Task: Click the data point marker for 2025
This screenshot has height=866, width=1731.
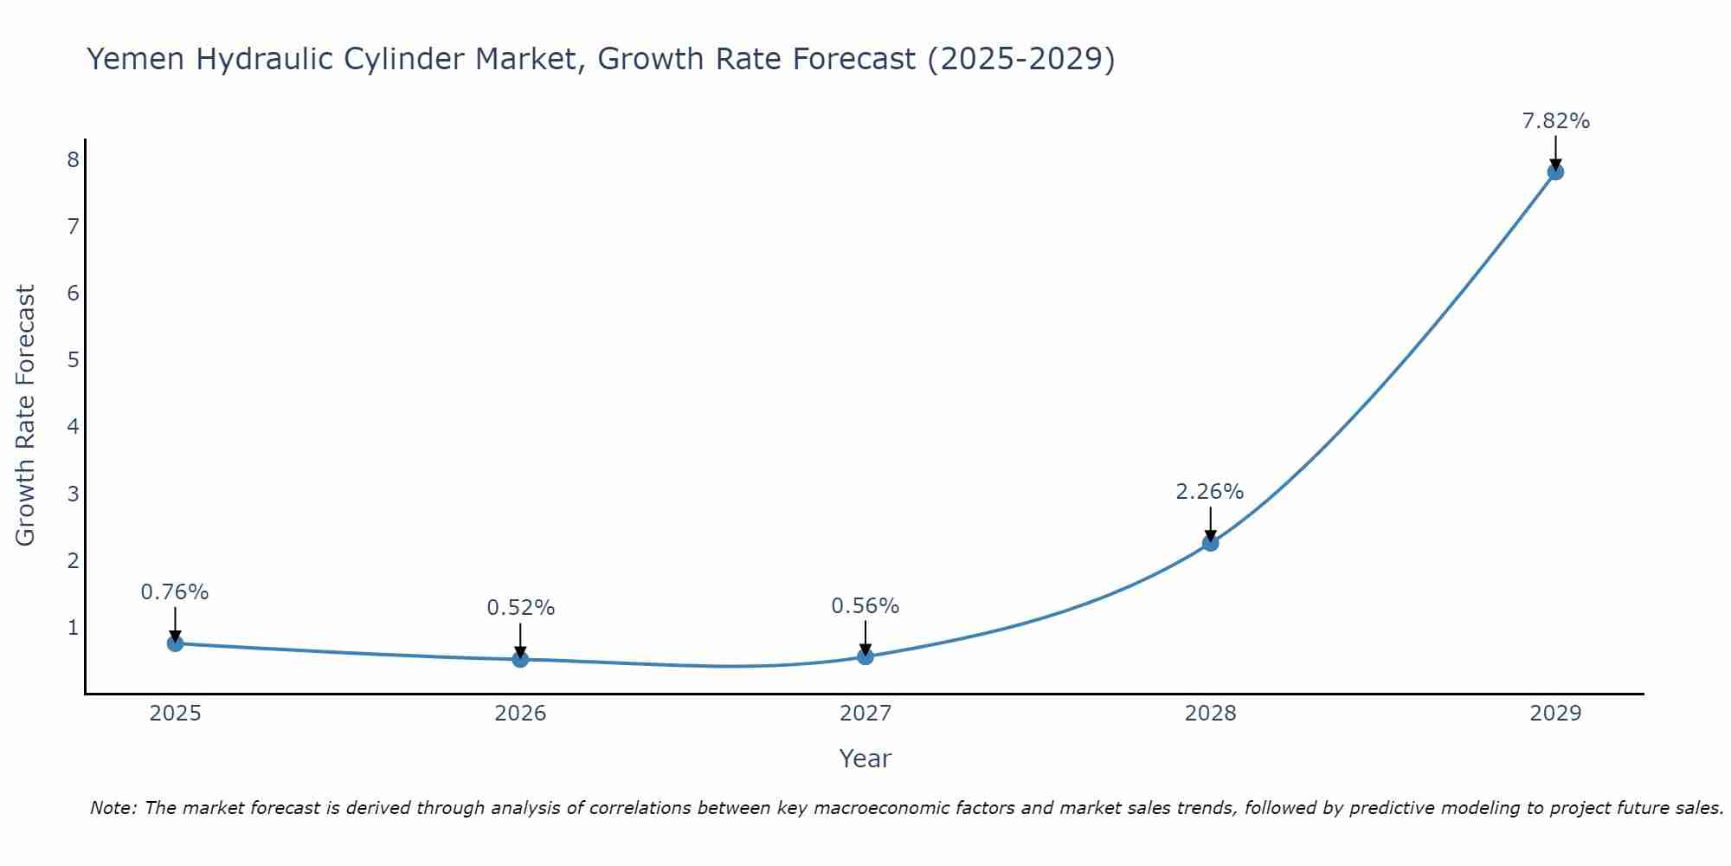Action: tap(175, 643)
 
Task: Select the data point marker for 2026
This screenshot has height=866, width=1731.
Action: tap(520, 659)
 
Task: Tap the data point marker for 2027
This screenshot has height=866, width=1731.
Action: tap(865, 656)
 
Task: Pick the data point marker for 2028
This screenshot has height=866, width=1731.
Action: tap(1210, 543)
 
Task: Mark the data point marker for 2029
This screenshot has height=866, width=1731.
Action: tap(1555, 171)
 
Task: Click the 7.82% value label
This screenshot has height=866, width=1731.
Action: tap(1555, 121)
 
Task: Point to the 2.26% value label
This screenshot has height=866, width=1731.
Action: tap(1209, 492)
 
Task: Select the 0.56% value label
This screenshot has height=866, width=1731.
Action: tap(865, 606)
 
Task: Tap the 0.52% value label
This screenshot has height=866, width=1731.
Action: tap(520, 608)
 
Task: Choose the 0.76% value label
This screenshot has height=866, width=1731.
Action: tap(175, 592)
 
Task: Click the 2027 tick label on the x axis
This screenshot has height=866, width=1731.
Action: tap(865, 714)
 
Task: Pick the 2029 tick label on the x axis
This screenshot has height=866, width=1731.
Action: tap(1555, 714)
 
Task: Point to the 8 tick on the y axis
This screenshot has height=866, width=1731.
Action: tap(73, 159)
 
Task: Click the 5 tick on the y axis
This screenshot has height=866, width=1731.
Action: tap(73, 359)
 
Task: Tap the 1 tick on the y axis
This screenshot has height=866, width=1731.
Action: tap(73, 627)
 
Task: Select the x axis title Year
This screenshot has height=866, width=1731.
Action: tap(865, 759)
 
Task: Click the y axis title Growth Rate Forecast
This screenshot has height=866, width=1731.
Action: tap(26, 415)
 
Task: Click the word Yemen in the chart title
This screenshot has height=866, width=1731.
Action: tap(135, 59)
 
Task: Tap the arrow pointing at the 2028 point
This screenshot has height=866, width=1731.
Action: tap(1210, 523)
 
